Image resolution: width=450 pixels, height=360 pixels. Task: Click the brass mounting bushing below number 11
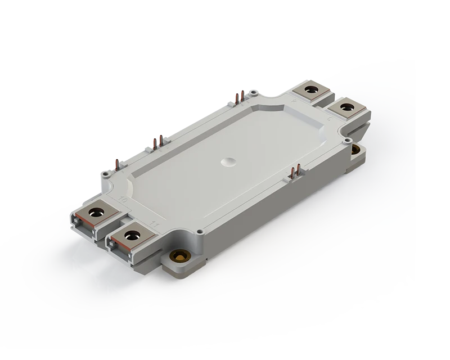tap(182, 257)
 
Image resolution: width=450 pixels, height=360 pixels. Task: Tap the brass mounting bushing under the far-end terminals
tap(355, 149)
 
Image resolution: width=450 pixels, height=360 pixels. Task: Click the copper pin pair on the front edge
tap(295, 170)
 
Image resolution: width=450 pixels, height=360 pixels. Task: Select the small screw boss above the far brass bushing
tap(349, 139)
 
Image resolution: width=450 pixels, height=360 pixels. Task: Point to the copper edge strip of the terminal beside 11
tap(119, 238)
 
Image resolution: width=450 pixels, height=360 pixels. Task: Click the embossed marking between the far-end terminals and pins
tap(292, 101)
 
